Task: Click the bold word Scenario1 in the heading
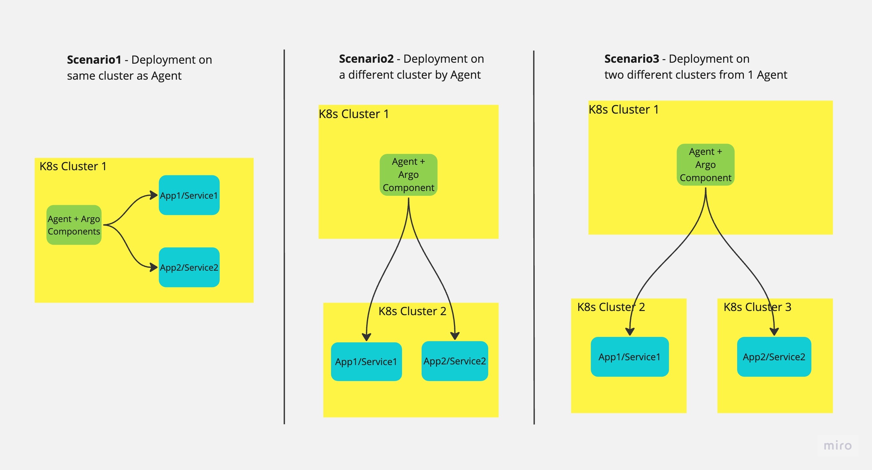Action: [x=94, y=60]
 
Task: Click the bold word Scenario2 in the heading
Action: [x=366, y=59]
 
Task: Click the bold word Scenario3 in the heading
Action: [x=631, y=59]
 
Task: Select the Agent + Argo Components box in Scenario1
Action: [x=74, y=225]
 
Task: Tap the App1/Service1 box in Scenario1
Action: [x=189, y=195]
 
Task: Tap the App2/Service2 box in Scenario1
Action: [x=189, y=267]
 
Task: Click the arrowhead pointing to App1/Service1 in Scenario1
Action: [x=154, y=195]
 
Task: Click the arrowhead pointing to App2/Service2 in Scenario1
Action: [x=154, y=267]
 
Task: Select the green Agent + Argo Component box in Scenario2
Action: [x=408, y=175]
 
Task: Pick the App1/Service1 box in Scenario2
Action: [x=366, y=362]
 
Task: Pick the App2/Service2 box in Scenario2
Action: [x=455, y=361]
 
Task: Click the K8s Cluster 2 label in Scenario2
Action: [x=412, y=311]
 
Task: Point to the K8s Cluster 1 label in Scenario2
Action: [x=353, y=114]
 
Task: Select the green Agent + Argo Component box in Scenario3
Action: [x=705, y=165]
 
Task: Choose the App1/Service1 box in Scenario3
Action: [x=629, y=357]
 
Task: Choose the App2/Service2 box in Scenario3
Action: [x=774, y=357]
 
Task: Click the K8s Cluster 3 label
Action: [x=757, y=307]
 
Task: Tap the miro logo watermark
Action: [x=837, y=445]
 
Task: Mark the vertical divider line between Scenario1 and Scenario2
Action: [x=284, y=237]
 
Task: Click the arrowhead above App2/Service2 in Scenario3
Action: [x=774, y=331]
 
